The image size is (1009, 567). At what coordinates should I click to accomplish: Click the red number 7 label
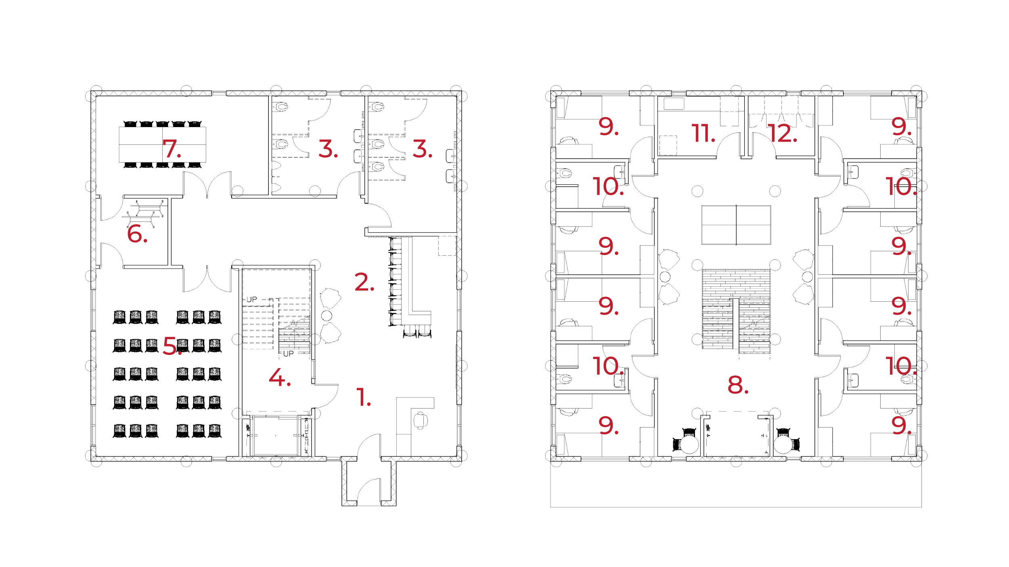[x=171, y=149]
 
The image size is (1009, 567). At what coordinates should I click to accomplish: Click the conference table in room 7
[x=162, y=144]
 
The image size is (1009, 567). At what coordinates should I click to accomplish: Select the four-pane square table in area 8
[x=736, y=225]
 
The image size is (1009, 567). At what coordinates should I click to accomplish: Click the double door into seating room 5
[x=207, y=278]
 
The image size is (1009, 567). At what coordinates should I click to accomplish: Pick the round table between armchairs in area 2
[x=328, y=315]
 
